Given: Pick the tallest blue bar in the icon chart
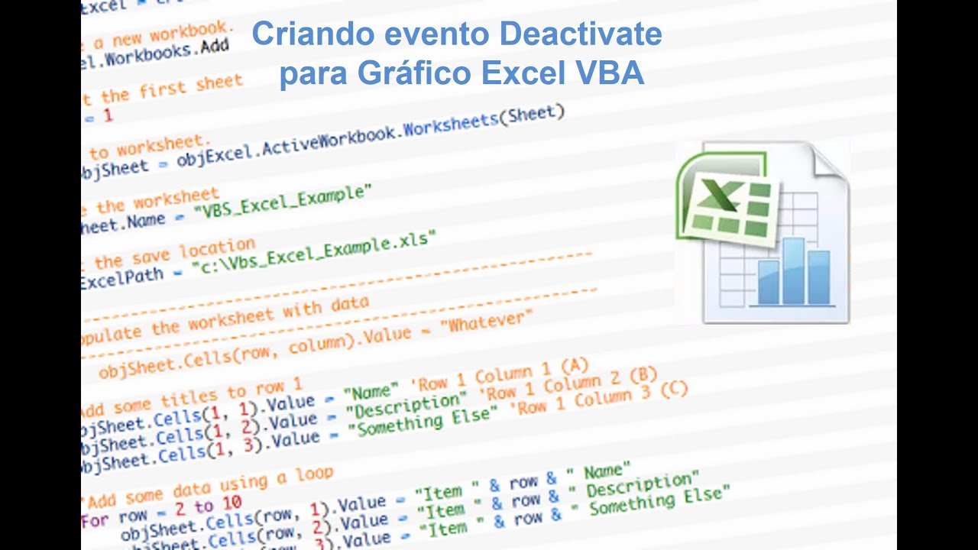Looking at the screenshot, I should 794,271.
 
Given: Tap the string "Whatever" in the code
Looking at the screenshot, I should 489,324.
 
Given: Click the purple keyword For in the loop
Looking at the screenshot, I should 95,520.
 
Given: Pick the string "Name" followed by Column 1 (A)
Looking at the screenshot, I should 372,392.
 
